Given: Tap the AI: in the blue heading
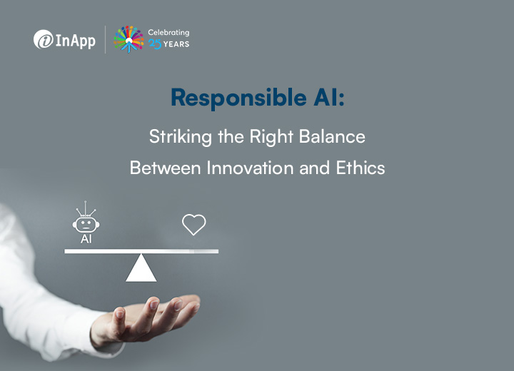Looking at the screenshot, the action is [x=329, y=97].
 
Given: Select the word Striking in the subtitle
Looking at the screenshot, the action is [x=181, y=137].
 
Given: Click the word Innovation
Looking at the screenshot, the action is [x=250, y=168].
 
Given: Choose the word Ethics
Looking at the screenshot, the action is [x=361, y=168].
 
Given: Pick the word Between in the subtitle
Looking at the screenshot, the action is [x=165, y=168].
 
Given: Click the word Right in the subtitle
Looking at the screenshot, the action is [x=271, y=137].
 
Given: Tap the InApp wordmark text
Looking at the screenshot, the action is [x=76, y=41].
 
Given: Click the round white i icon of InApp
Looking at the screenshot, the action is [x=44, y=39].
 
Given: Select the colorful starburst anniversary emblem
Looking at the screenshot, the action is [x=128, y=39].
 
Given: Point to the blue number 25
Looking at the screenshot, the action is [x=155, y=44].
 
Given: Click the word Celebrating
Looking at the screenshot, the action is [x=168, y=32].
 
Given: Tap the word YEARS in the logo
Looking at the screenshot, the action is [x=176, y=44].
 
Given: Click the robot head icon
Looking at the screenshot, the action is [x=86, y=225].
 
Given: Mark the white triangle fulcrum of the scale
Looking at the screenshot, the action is [x=141, y=268].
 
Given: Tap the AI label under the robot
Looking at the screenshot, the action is [x=86, y=239].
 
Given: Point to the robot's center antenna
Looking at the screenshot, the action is [x=86, y=208].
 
